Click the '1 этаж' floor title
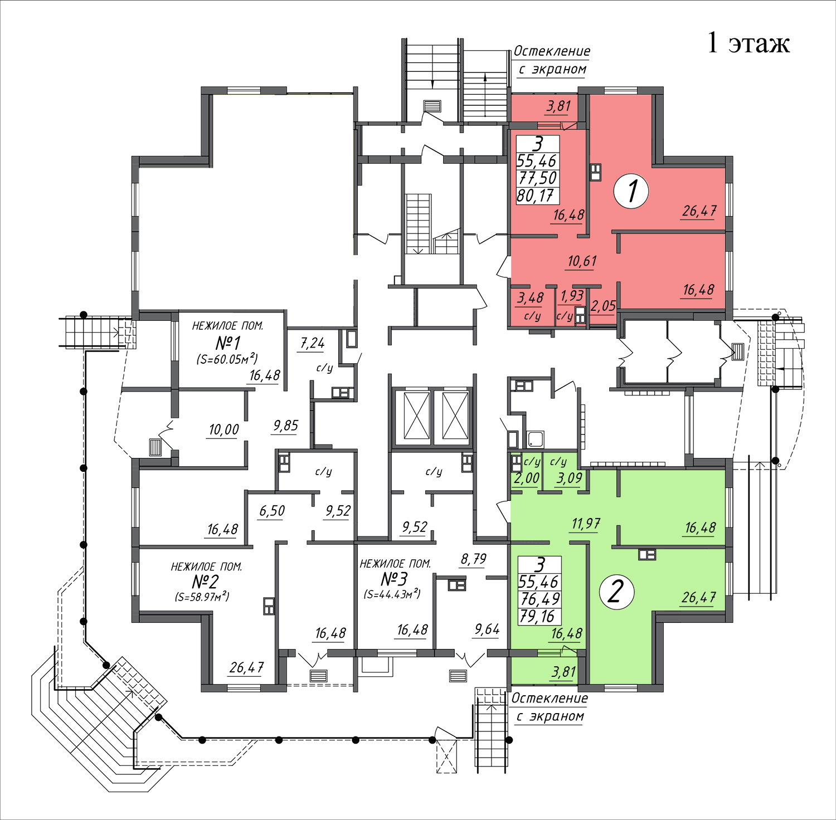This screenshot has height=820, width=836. pos(748,43)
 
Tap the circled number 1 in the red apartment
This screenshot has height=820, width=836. pos(631,192)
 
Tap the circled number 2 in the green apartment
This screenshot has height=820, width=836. pos(616,592)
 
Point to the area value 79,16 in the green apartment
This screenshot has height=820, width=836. pos(537,617)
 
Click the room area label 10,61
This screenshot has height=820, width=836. pos(582,261)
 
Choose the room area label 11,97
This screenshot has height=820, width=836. pos(586,524)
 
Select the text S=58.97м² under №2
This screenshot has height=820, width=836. pos(202,597)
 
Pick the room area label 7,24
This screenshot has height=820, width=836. pos(312,343)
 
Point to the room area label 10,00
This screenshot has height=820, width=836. pos(224,429)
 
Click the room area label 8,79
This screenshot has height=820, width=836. pos(474,559)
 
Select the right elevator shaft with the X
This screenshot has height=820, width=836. pos(455,416)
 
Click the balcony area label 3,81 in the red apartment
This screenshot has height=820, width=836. pos(558,106)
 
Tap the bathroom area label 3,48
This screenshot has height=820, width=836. pos(530,298)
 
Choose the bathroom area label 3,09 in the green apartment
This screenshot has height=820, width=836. pos(569,478)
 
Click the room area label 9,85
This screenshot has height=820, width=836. pos(285,426)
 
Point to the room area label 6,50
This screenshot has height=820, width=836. pos(272,511)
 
